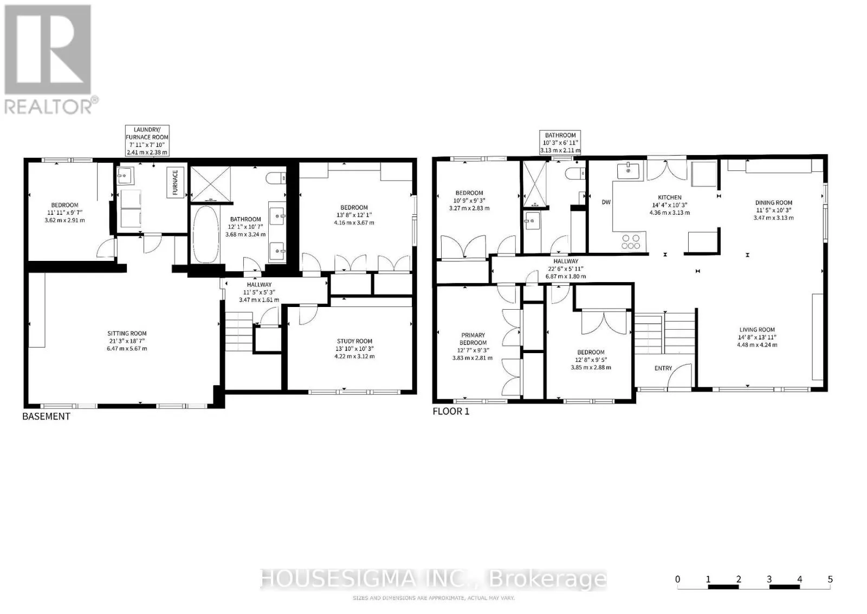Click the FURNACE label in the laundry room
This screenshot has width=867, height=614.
coord(175,182)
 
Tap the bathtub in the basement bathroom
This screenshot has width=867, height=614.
coord(206,234)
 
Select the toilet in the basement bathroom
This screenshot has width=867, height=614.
coord(276,178)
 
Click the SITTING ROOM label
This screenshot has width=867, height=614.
coord(127,333)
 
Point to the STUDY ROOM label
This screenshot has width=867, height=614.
coord(354,341)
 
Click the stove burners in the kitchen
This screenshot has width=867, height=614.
coord(631,242)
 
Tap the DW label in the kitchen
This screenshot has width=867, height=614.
coord(606,202)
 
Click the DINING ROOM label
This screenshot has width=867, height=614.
coord(774,203)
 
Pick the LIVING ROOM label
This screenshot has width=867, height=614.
coord(757,330)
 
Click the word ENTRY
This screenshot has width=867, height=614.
coord(663,368)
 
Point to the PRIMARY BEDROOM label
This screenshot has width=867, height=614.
coord(473,338)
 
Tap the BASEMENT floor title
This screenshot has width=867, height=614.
coord(47,416)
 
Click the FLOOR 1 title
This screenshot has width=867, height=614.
coord(451,411)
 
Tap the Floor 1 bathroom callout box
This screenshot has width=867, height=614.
coord(560,143)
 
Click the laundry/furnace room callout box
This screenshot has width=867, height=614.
coord(147,140)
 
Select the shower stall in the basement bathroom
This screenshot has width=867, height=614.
coord(211,184)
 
